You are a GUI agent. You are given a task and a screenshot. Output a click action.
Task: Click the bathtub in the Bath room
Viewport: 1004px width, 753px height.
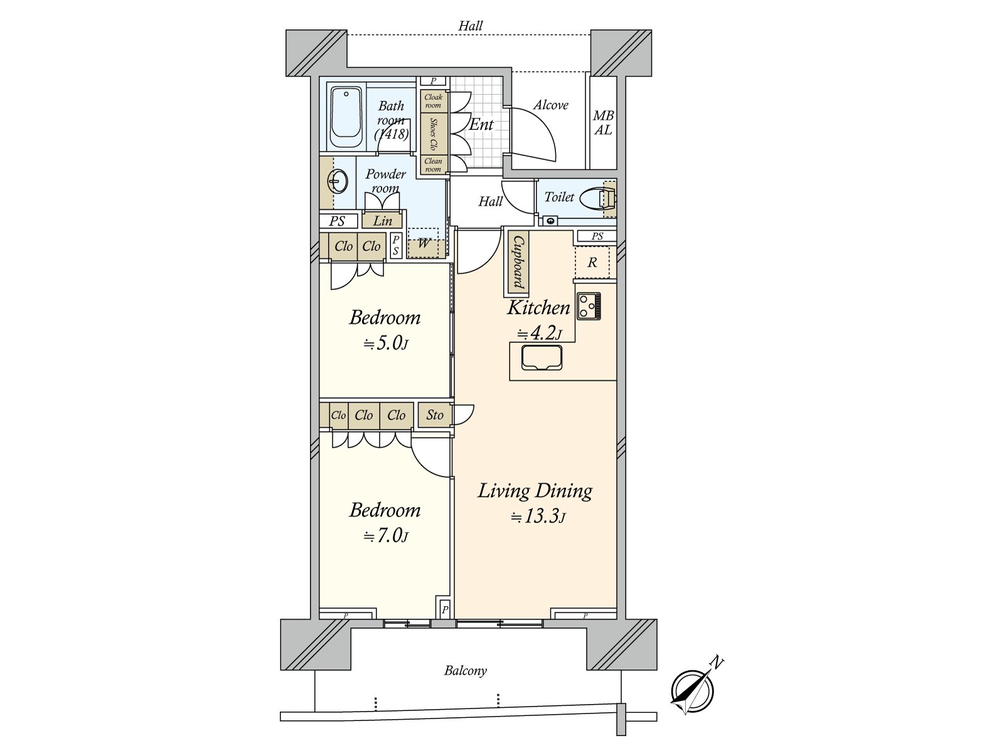tap(346, 117)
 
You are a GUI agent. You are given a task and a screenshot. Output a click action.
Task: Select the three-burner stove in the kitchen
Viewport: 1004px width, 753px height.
tap(589, 306)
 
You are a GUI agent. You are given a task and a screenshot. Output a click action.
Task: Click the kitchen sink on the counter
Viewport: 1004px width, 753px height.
tap(542, 358)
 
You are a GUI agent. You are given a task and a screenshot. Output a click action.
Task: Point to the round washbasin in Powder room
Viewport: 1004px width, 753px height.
tap(338, 181)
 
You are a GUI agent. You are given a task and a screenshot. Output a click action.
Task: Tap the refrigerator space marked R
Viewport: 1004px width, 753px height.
tap(592, 263)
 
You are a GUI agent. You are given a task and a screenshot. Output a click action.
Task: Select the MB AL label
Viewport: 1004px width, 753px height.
tap(603, 122)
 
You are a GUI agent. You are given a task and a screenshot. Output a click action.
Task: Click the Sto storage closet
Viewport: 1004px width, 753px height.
tap(434, 415)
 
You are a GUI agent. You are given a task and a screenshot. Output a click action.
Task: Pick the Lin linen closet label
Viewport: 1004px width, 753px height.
tap(382, 221)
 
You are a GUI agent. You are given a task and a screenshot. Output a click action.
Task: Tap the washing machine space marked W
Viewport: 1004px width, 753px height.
tap(424, 243)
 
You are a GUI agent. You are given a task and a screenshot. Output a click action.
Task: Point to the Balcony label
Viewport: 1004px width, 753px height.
tap(465, 671)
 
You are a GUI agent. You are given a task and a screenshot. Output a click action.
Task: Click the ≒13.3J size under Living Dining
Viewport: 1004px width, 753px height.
tap(538, 516)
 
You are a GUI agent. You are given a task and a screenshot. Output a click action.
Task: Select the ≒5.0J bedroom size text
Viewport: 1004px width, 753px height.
tap(386, 343)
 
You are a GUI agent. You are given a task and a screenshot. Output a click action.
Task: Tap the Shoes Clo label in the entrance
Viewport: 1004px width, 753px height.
tap(433, 134)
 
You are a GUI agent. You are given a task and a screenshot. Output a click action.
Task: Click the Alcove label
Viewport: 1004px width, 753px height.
tap(550, 105)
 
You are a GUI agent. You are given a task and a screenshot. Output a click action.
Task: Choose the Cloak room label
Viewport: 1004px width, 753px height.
tap(433, 101)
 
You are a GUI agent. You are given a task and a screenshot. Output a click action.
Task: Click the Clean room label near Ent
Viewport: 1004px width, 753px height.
tap(433, 165)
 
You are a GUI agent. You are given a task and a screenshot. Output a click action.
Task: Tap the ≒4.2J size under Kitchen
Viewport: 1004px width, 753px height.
tap(539, 333)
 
